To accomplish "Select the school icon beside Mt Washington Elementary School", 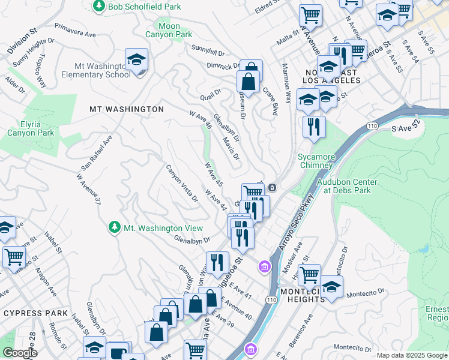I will [x=137, y=60].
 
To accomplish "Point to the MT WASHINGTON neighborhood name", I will [x=126, y=109].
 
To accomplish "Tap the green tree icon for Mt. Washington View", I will [x=115, y=227].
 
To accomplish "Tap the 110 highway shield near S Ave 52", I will [x=372, y=126].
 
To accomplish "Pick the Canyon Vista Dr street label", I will [x=182, y=183].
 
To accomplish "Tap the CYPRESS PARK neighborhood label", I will [x=31, y=313].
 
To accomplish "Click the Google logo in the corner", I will [x=19, y=353].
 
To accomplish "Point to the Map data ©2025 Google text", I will [x=412, y=355].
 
